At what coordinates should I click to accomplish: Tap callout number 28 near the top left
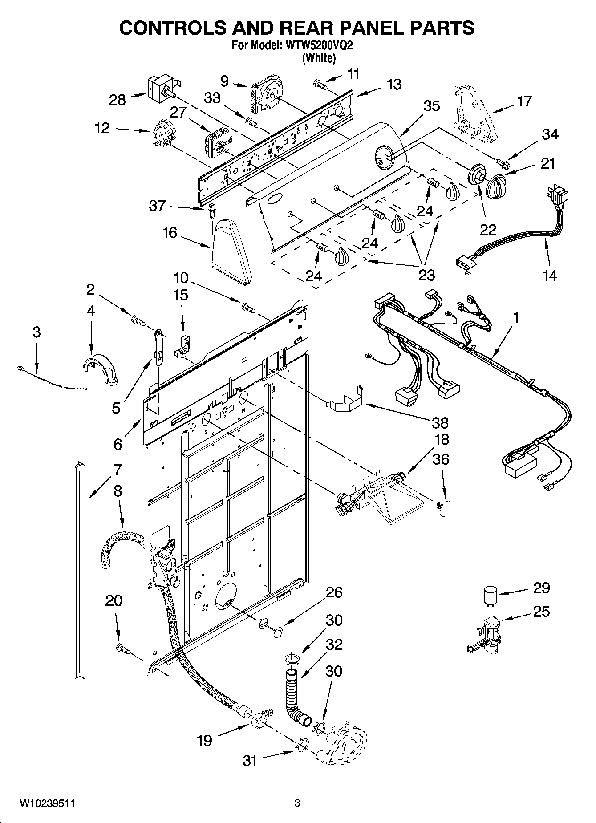tap(118, 100)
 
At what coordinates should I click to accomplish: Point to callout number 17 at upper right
tap(525, 101)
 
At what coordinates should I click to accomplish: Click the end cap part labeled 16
tap(231, 251)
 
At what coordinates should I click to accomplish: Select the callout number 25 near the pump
tap(541, 612)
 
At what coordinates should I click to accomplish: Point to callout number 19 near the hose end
tap(205, 741)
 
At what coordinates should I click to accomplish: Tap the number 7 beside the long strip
tap(117, 470)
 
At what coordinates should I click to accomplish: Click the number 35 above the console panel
tap(431, 106)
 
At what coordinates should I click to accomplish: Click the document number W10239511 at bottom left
tap(47, 803)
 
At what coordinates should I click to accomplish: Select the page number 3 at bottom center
tap(297, 803)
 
